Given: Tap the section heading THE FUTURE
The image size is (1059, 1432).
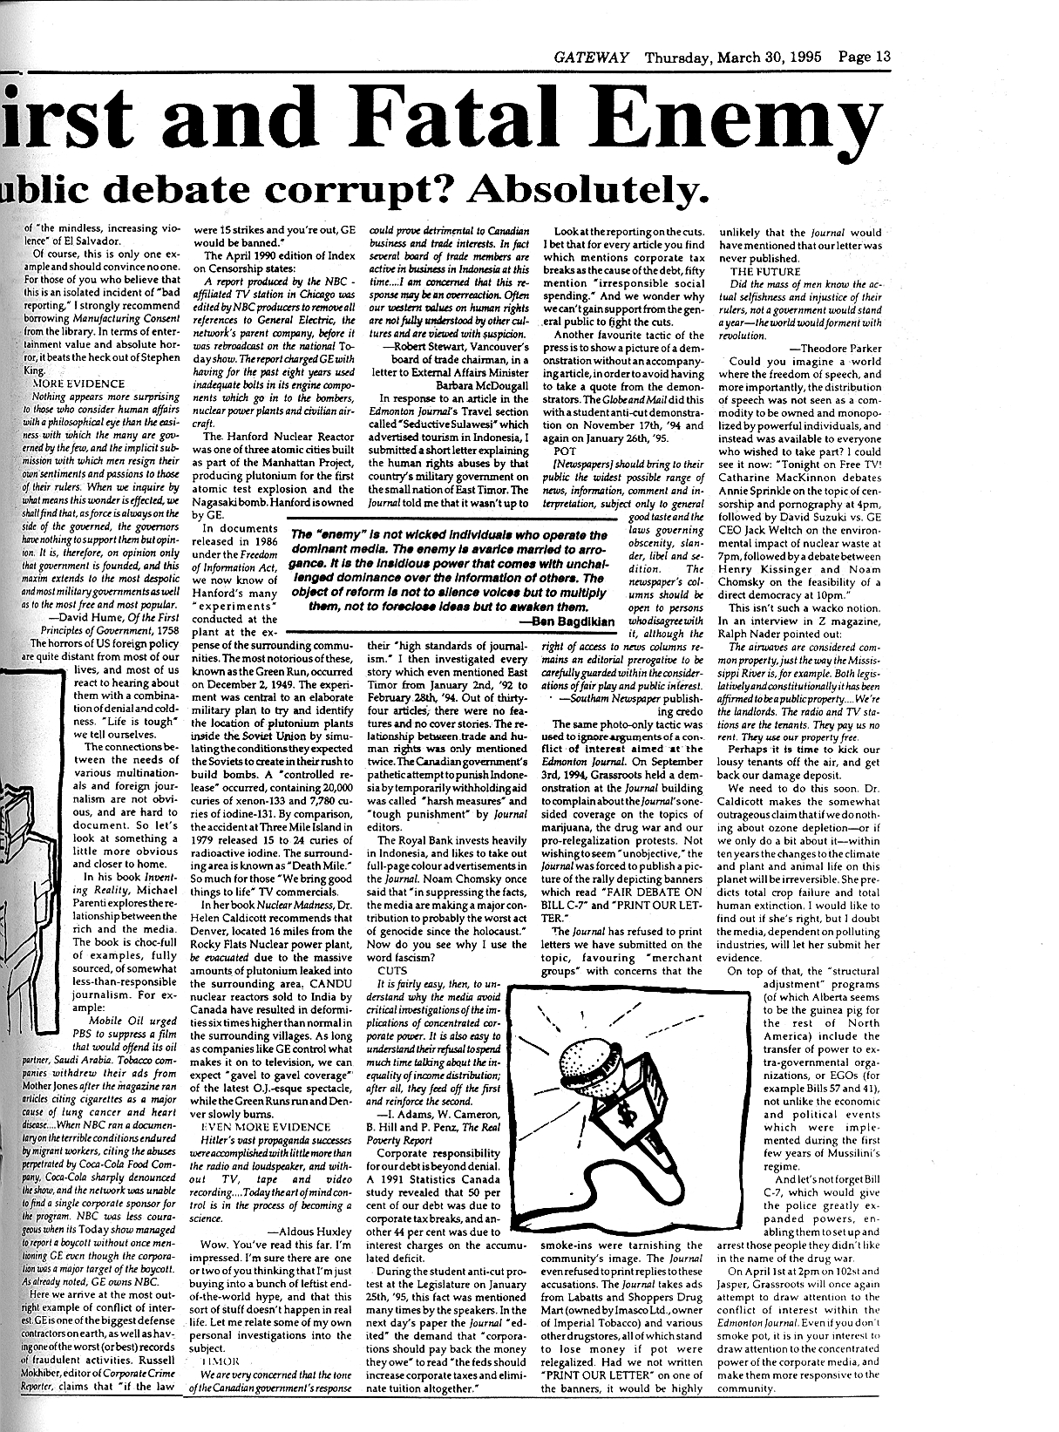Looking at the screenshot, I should click(764, 271).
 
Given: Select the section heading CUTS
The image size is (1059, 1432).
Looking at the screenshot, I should click(392, 969).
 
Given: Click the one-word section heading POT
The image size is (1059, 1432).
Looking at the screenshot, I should click(565, 451).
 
